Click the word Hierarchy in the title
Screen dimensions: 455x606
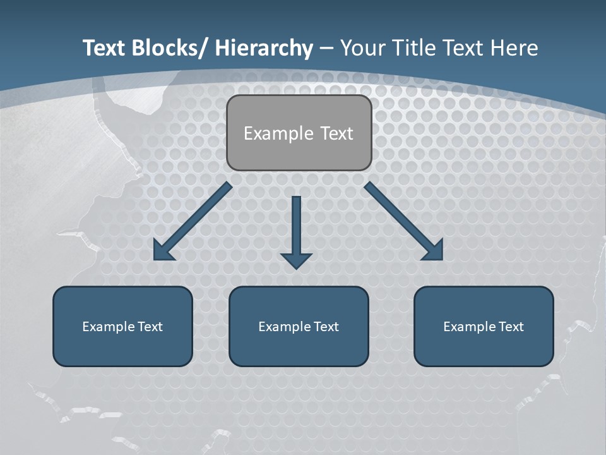264,49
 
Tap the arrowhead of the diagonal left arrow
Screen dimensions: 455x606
163,252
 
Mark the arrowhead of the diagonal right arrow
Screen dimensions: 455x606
434,251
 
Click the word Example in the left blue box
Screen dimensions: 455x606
109,327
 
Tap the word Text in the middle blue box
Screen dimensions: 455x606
326,327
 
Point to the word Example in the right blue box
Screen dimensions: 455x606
470,327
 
